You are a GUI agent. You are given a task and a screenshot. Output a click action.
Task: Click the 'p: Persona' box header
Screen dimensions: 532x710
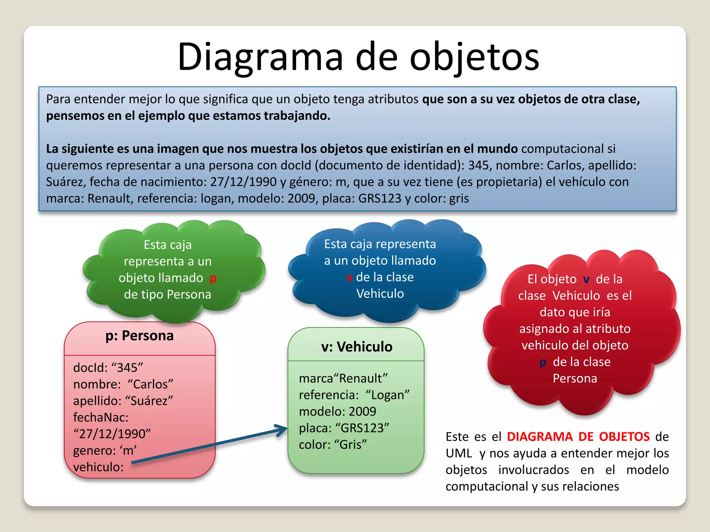[x=139, y=336]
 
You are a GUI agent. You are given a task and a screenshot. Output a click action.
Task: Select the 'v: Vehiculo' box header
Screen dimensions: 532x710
[x=356, y=347]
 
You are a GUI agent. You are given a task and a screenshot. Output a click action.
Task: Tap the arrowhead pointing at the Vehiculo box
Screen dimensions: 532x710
[x=282, y=430]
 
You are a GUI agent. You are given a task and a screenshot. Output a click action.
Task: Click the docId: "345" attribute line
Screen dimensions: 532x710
[x=108, y=367]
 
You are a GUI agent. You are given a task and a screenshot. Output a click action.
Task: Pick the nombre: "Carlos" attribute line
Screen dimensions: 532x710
[x=123, y=384]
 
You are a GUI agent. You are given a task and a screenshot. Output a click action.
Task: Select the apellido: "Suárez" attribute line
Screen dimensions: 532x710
[x=123, y=401]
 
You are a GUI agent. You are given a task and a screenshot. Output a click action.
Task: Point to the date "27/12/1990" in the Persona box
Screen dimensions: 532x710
[x=112, y=434]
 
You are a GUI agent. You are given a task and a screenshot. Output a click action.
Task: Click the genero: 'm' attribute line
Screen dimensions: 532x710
[x=105, y=450]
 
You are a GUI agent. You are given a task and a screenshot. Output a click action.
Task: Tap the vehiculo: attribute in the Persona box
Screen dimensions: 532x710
[x=98, y=467]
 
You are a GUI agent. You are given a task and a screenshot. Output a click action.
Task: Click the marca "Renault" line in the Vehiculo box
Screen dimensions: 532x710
[x=343, y=378]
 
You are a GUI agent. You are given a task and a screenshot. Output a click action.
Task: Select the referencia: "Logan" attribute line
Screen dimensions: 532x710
[x=354, y=395]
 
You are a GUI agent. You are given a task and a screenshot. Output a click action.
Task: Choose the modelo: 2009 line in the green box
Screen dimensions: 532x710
[x=337, y=411]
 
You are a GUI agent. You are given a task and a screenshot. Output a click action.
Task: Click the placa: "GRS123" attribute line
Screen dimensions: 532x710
[x=344, y=428]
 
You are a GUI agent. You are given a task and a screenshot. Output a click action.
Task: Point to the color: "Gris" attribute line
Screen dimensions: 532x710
[x=333, y=444]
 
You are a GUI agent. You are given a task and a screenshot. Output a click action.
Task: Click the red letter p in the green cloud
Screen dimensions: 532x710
[x=213, y=278]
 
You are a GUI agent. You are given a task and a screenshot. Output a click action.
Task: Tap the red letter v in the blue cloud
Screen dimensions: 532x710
[x=349, y=277]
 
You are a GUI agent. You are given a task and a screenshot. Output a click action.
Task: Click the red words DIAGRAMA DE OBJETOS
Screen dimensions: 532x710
[x=578, y=437]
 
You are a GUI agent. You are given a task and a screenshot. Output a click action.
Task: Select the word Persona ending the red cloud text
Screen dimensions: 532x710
[x=575, y=379]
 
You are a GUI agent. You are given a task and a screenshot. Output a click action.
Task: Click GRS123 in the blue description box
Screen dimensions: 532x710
[x=380, y=198]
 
